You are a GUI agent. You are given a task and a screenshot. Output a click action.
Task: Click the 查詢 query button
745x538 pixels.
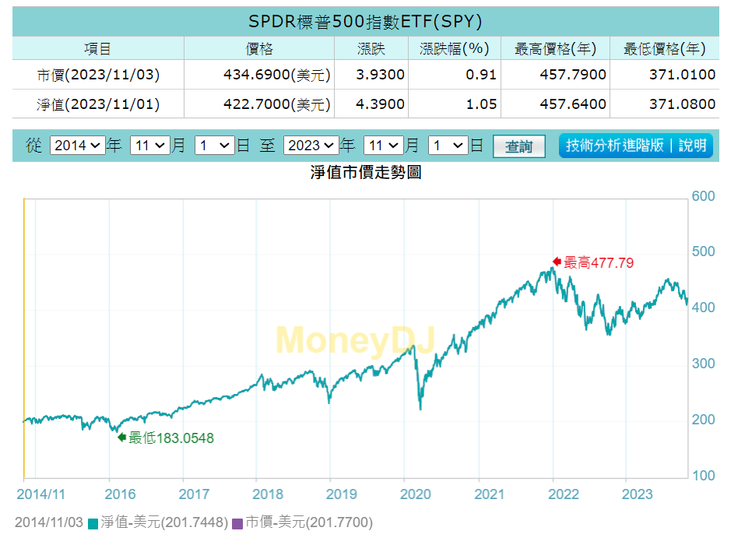tap(518, 146)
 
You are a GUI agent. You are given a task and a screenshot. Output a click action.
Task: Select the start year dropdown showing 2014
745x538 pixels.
tap(77, 145)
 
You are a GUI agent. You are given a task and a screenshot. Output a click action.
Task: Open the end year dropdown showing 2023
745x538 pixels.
tap(311, 145)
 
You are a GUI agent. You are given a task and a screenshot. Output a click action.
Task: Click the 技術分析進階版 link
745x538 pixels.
tap(615, 146)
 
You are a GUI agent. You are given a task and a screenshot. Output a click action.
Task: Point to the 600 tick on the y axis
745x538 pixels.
tap(704, 196)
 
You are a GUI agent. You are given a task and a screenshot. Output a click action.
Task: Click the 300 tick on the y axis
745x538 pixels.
tap(704, 364)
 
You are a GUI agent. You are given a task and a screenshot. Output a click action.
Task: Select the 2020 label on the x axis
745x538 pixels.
tap(415, 494)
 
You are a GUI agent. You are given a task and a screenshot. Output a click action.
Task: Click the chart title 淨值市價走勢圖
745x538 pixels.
tap(366, 172)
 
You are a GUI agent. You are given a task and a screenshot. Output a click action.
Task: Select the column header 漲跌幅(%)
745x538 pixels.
tap(454, 49)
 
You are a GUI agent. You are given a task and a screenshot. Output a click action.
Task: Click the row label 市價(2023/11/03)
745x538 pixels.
tap(98, 75)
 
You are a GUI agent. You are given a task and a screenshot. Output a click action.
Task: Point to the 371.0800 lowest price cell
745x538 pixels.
tap(681, 104)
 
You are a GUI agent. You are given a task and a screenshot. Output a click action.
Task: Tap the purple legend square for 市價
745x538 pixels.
tap(237, 523)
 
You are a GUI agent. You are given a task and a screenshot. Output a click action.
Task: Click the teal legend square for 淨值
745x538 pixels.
tap(93, 523)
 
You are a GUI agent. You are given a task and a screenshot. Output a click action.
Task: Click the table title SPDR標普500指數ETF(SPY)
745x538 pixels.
tap(365, 20)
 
